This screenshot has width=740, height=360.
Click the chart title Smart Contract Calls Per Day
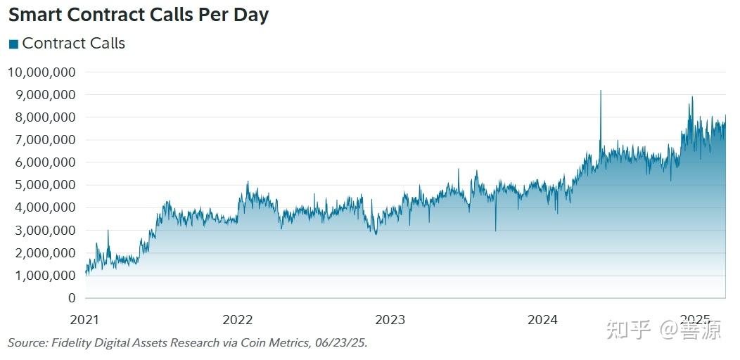coord(139,15)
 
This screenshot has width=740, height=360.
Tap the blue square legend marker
coord(13,44)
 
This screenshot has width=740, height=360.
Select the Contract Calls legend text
coord(73,44)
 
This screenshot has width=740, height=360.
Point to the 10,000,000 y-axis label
coord(42,72)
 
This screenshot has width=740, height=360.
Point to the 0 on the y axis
coord(71,298)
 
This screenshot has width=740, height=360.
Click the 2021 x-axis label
coord(85,320)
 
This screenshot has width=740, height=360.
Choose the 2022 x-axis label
coord(237,320)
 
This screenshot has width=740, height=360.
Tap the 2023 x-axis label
coord(390,320)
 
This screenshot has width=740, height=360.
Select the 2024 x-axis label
coord(542,320)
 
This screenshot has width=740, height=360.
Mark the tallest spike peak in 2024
coord(600,91)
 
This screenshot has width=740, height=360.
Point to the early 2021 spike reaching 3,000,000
coord(108,231)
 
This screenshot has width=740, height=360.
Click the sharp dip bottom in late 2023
coord(495,230)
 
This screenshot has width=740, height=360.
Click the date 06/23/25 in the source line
coord(341,343)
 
